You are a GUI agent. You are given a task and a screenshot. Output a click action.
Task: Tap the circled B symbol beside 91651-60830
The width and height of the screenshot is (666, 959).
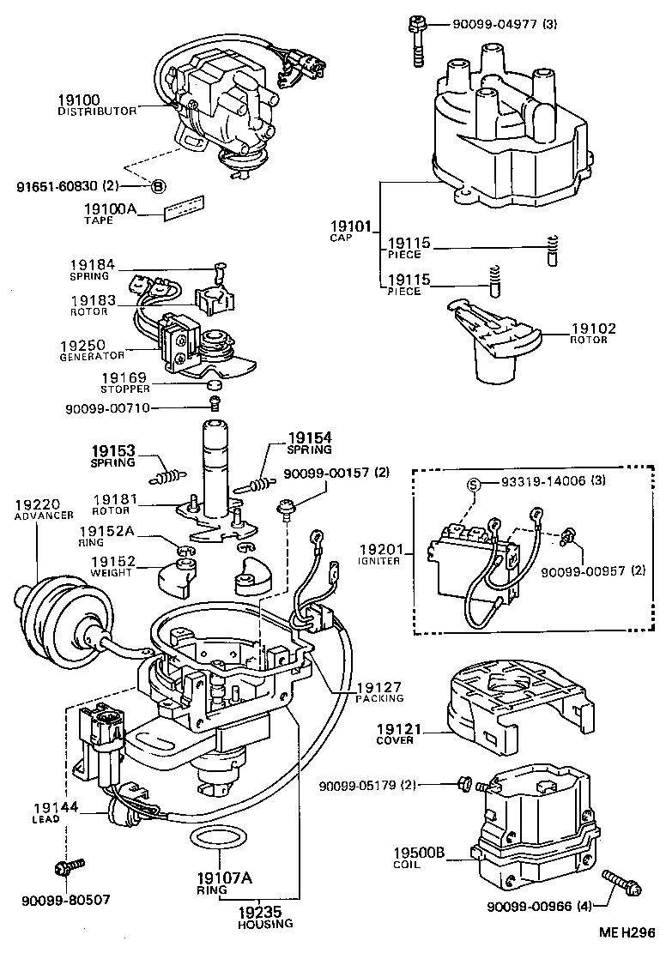[x=158, y=185]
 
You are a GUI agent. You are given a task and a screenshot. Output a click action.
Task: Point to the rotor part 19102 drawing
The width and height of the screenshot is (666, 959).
[x=490, y=342]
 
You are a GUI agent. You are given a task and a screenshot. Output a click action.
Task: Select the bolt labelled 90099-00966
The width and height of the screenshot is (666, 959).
[x=620, y=882]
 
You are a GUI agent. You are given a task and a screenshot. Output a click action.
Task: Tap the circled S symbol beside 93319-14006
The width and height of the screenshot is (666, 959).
[x=472, y=483]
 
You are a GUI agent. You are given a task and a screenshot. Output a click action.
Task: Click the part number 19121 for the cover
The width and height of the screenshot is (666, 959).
[x=395, y=728]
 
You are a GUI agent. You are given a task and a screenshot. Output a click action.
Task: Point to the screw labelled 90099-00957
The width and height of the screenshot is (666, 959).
[x=566, y=539]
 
